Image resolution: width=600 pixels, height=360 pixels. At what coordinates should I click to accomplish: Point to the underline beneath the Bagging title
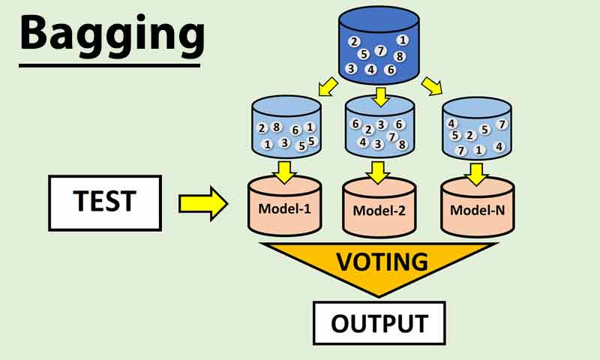111,65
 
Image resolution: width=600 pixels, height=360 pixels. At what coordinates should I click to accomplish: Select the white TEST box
104,202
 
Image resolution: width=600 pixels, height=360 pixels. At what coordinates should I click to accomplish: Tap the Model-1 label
285,208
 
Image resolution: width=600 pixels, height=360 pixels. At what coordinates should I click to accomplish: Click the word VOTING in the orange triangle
382,262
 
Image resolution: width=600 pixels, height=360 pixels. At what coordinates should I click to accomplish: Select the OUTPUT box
379,323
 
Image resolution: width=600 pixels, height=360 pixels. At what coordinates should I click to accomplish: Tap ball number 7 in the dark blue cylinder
380,52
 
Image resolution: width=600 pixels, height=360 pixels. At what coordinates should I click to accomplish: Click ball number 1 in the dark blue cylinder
403,40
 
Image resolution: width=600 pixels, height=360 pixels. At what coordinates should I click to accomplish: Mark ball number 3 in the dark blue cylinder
351,68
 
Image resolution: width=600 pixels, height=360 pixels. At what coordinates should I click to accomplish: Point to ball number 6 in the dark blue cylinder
390,70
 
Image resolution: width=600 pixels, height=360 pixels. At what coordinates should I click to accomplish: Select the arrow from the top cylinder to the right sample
432,88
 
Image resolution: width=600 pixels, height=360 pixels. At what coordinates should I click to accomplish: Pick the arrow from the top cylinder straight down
380,96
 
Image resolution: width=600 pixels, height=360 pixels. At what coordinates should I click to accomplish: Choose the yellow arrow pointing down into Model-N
475,173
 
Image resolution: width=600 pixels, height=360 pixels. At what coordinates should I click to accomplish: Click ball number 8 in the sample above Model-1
276,127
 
